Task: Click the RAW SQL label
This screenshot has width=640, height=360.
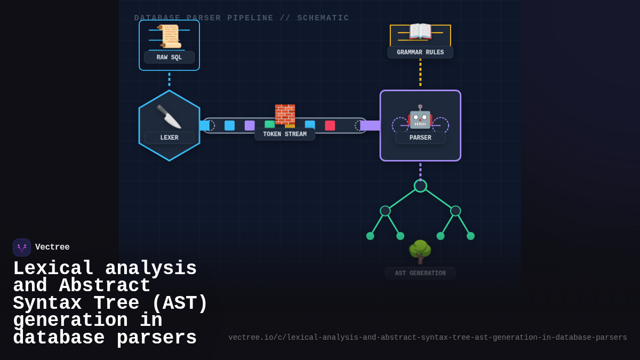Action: pyautogui.click(x=169, y=58)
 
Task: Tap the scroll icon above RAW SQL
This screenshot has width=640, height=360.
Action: pyautogui.click(x=169, y=36)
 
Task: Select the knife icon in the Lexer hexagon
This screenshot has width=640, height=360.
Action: pyautogui.click(x=169, y=116)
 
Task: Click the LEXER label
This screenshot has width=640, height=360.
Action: pyautogui.click(x=169, y=138)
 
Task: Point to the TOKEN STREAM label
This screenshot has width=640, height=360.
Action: pyautogui.click(x=285, y=134)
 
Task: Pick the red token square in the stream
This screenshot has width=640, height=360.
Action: pyautogui.click(x=330, y=125)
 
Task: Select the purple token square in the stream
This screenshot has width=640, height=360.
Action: pyautogui.click(x=250, y=125)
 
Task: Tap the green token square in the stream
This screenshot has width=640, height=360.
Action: pyautogui.click(x=269, y=124)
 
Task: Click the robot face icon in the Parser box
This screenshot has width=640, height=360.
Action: pyautogui.click(x=420, y=116)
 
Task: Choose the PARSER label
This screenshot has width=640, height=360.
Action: pyautogui.click(x=420, y=138)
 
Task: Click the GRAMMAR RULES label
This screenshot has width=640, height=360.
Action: pyautogui.click(x=420, y=52)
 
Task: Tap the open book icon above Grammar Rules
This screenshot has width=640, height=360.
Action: pyautogui.click(x=420, y=32)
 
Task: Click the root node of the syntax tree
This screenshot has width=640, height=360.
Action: pyautogui.click(x=420, y=186)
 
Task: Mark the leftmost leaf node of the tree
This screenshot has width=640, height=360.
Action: pyautogui.click(x=370, y=236)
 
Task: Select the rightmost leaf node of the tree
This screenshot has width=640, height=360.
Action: pyautogui.click(x=470, y=236)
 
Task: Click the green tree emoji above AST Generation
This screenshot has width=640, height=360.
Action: pyautogui.click(x=420, y=252)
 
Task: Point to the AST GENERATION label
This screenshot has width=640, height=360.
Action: pyautogui.click(x=420, y=274)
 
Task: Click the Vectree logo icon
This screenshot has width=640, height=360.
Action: pyautogui.click(x=22, y=247)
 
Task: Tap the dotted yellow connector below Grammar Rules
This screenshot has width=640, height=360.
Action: pyautogui.click(x=420, y=73)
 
